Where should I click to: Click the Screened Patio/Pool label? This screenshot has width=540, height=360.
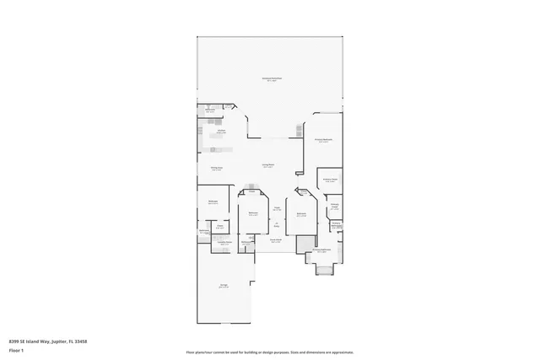click(270, 79)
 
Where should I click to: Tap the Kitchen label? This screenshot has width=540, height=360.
click(221, 131)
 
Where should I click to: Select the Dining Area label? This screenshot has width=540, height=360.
click(217, 169)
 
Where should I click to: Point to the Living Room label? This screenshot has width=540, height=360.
click(268, 166)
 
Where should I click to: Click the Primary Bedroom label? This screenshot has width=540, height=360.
click(324, 140)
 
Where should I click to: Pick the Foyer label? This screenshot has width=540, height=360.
click(277, 209)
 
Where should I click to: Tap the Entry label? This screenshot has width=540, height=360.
click(275, 224)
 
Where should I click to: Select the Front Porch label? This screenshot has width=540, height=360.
click(275, 240)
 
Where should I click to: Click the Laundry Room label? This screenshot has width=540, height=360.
click(225, 243)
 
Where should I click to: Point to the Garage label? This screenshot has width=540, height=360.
click(224, 287)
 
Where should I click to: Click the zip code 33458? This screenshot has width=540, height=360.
click(82, 341)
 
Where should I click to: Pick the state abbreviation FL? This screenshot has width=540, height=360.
click(71, 341)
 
